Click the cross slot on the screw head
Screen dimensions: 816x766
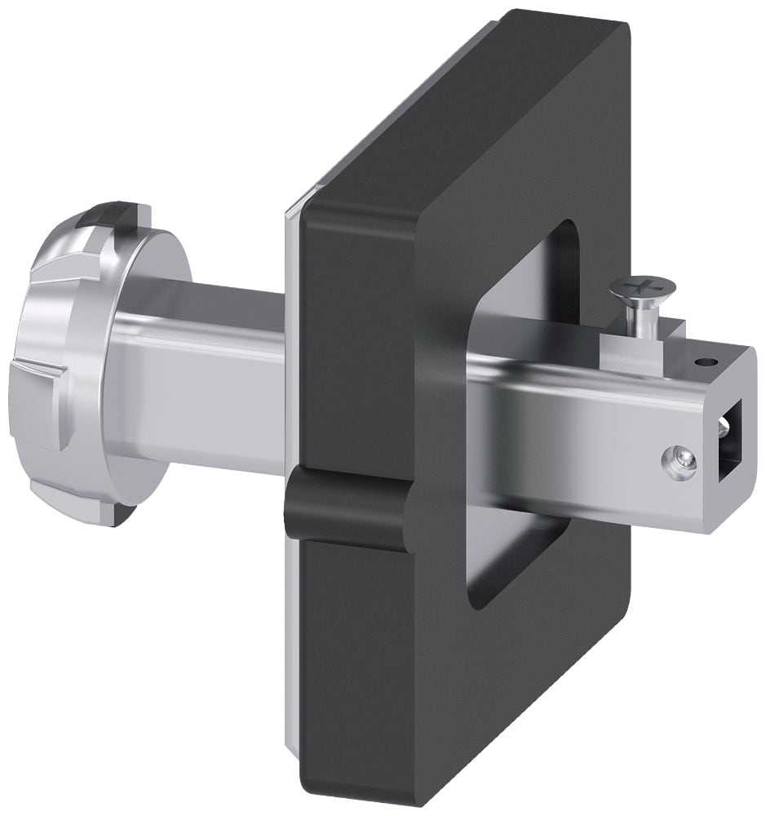click(642, 286)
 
